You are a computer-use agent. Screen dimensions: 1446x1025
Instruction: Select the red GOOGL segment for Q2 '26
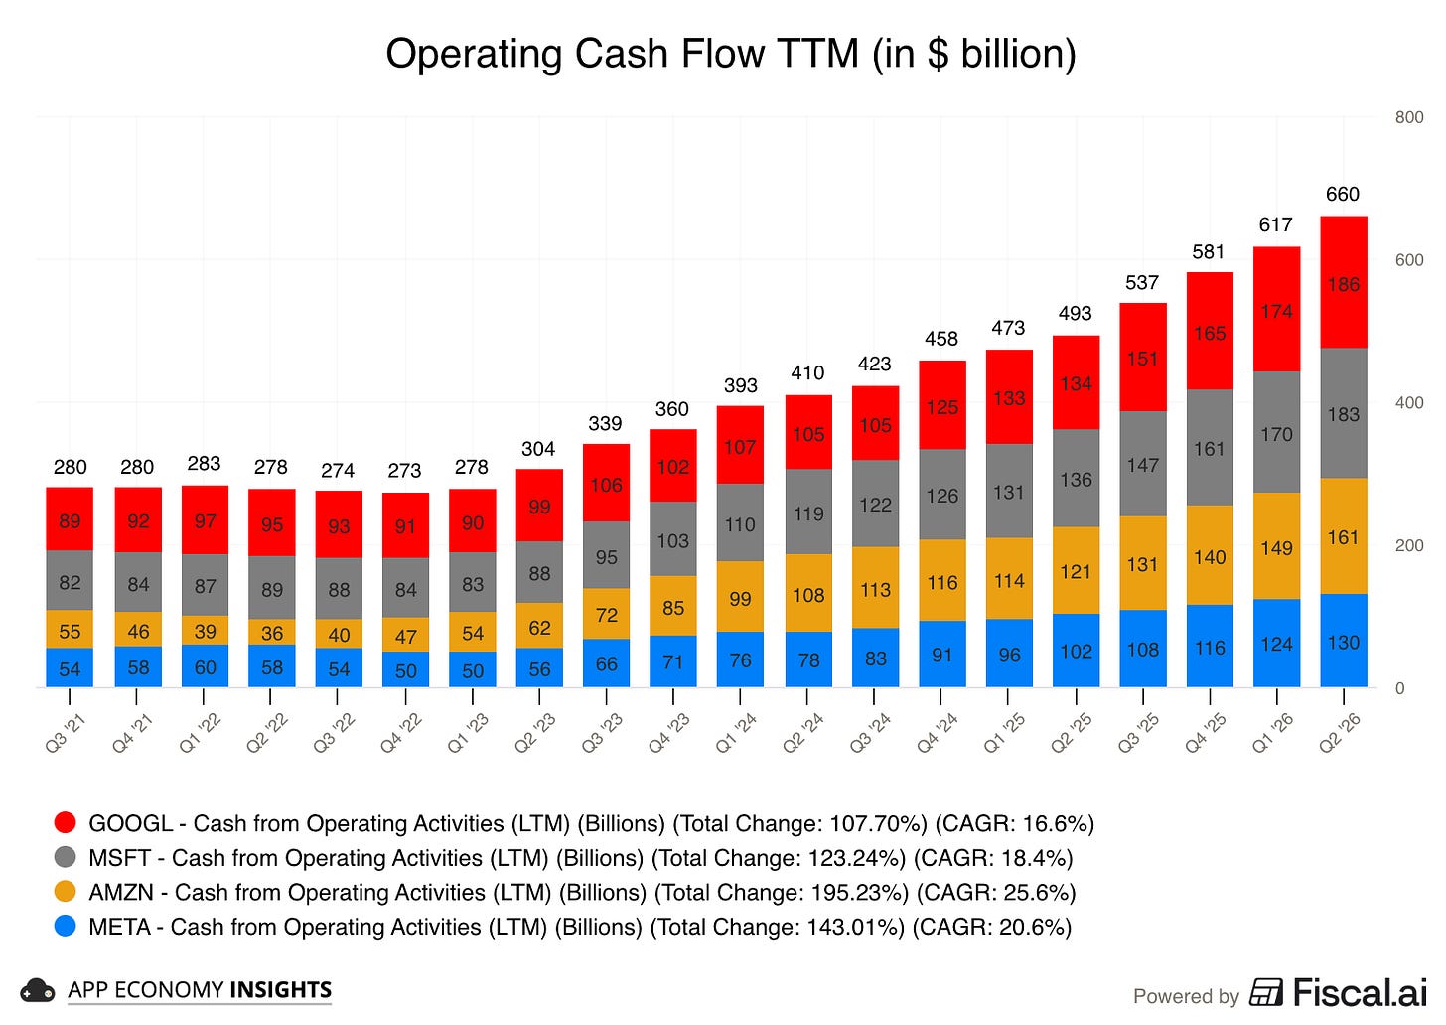1344,282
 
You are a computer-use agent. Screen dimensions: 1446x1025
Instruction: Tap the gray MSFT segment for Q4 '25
1210,447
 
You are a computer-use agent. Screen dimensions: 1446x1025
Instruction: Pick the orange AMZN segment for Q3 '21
70,629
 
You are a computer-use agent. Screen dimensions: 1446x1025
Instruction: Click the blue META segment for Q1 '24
740,659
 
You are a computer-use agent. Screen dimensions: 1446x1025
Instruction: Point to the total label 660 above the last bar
1343,194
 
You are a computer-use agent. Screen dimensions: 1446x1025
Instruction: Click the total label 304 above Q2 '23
538,449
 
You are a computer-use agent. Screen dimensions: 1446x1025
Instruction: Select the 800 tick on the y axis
1409,117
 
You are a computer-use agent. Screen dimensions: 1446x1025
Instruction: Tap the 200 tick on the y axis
1409,545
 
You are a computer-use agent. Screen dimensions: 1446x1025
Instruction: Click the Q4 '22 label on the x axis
401,733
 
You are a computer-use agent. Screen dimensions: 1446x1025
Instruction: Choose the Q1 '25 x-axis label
1005,733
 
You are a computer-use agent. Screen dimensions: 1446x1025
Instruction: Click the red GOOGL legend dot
66,823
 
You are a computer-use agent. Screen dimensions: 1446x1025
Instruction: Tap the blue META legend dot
66,927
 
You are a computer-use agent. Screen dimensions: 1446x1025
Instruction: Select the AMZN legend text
582,893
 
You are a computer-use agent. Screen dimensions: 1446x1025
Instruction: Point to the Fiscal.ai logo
1338,993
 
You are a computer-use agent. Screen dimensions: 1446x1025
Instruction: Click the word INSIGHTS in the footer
281,990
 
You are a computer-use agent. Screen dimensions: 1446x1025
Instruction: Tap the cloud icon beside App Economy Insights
38,991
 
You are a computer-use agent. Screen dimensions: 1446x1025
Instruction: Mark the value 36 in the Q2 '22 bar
272,634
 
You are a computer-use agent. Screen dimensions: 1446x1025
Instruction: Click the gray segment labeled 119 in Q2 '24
808,512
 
